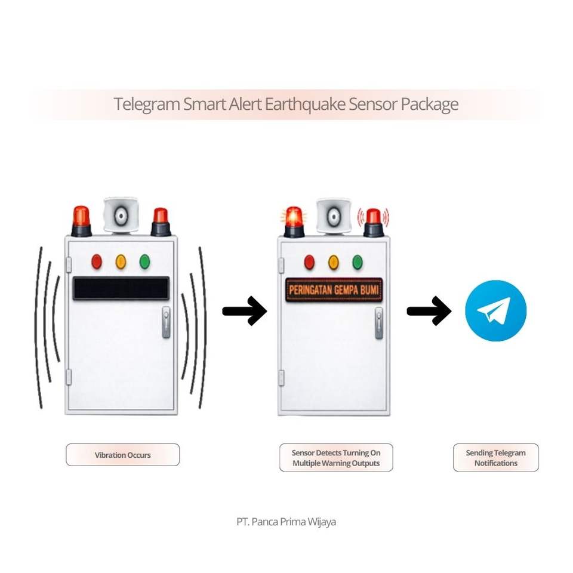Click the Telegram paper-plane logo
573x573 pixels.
point(495,311)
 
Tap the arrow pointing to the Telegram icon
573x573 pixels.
point(429,311)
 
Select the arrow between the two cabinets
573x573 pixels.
point(244,311)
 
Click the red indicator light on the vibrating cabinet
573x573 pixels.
point(97,261)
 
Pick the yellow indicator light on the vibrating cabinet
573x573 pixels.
point(121,261)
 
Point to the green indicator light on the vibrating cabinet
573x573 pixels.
point(144,261)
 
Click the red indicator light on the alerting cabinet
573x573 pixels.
point(309,261)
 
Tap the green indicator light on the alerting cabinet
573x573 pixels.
point(358,261)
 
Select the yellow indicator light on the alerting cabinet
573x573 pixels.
point(333,261)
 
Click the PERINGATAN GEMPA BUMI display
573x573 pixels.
point(334,290)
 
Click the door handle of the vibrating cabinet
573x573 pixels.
point(166,322)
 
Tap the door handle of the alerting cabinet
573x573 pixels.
point(378,323)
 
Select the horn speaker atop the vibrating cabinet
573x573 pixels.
point(121,214)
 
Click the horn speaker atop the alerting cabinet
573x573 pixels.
point(334,215)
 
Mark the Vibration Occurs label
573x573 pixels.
point(122,455)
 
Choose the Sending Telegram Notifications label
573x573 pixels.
point(495,458)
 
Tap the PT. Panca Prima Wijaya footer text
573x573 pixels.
point(286,522)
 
